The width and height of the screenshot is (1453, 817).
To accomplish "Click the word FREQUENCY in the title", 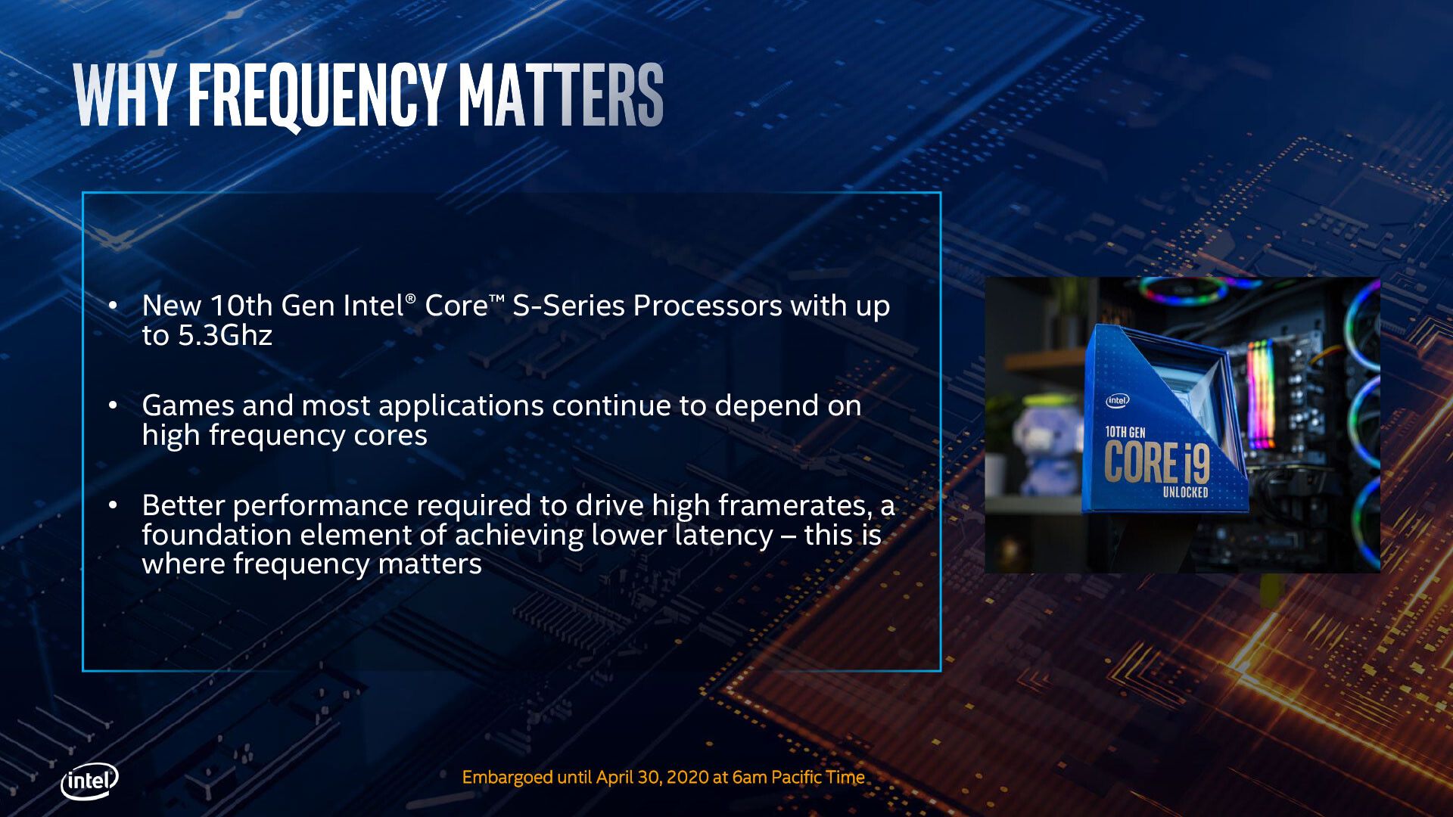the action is click(316, 95).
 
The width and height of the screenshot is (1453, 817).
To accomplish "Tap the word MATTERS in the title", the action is click(561, 95).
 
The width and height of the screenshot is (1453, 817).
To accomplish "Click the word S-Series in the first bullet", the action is click(569, 306).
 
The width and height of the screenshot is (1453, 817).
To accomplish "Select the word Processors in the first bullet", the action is click(708, 306).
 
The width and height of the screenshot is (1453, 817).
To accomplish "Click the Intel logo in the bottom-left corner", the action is click(89, 781).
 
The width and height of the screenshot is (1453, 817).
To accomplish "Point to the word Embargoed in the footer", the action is click(507, 778).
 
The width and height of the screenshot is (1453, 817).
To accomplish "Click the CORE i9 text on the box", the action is click(1156, 462).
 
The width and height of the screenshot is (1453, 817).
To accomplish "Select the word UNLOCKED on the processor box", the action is click(1185, 492).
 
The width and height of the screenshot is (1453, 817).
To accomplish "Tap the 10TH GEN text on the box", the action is click(1125, 432).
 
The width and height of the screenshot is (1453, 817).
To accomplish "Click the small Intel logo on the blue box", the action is click(1117, 401).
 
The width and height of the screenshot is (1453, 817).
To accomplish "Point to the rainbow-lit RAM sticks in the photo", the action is click(1261, 394).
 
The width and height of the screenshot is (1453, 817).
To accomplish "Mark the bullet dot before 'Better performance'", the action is click(113, 505).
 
